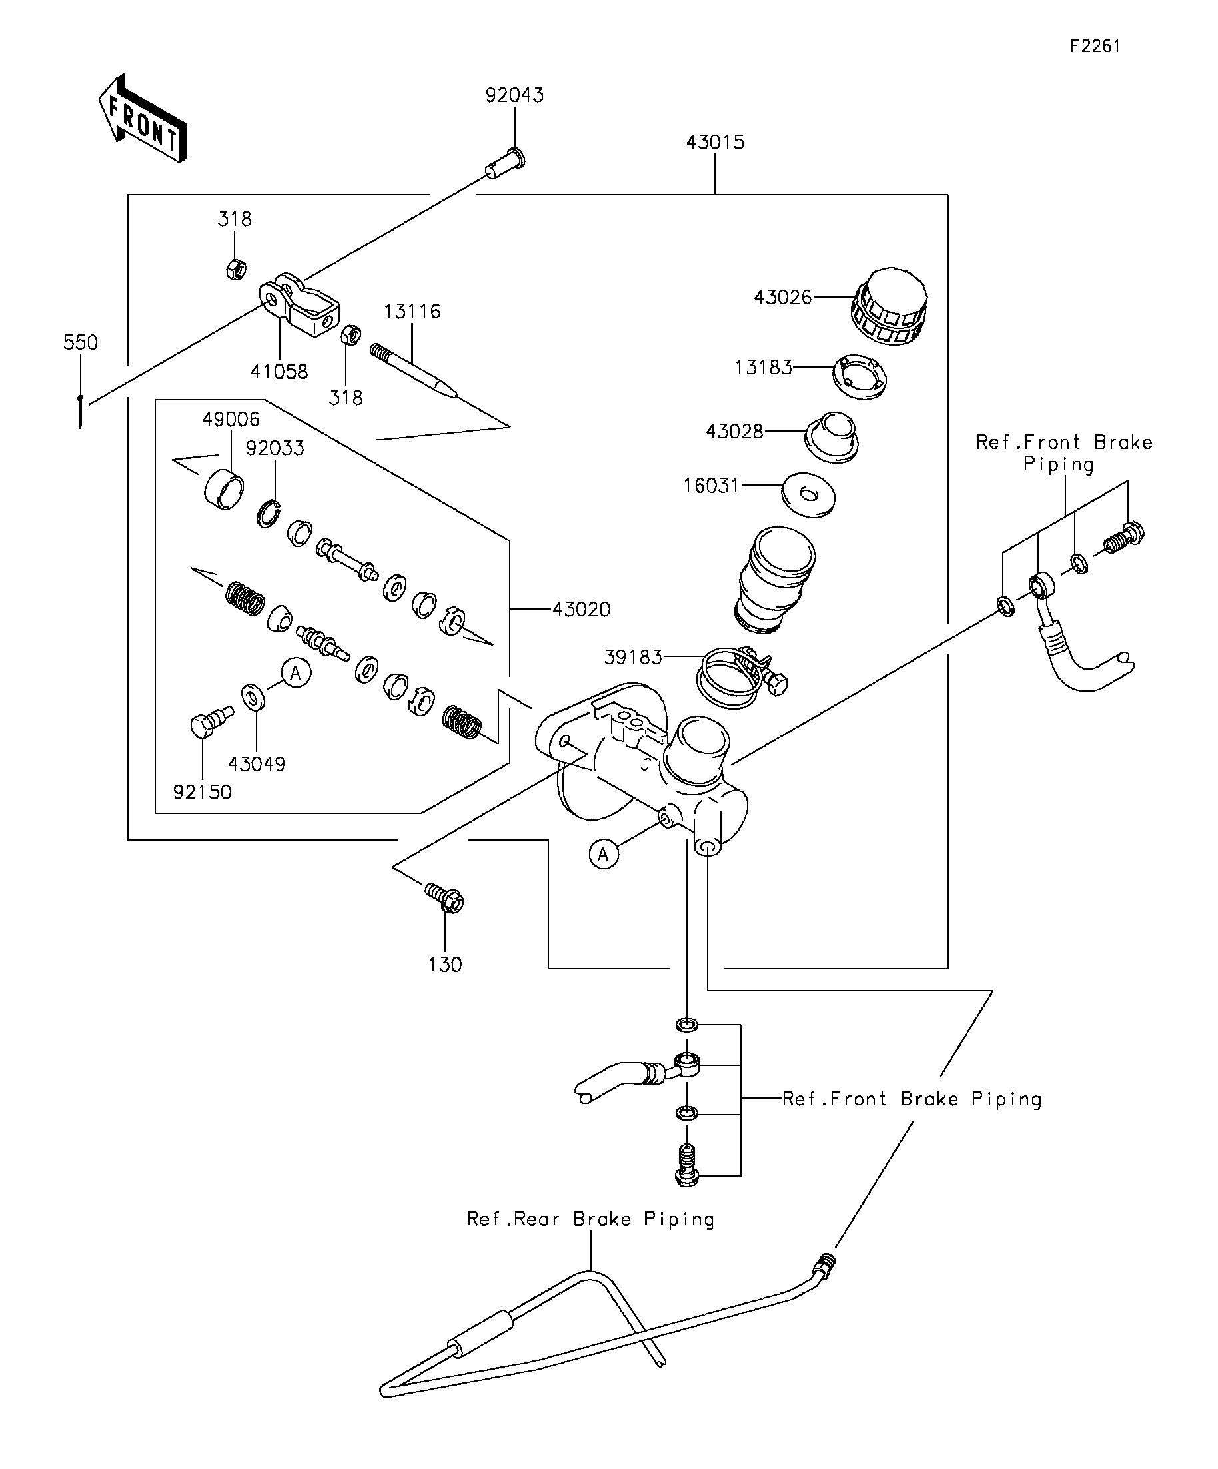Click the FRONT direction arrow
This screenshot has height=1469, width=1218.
[143, 119]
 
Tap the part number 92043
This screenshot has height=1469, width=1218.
[515, 95]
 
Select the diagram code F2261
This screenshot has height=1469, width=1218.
[1095, 46]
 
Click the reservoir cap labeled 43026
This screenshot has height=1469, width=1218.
[890, 306]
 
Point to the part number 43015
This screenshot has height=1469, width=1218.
[715, 142]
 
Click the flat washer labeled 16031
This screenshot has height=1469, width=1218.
[808, 495]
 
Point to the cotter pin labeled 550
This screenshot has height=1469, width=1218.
[81, 411]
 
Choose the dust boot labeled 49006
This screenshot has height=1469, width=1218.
[225, 488]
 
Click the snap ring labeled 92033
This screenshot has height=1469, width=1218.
[268, 514]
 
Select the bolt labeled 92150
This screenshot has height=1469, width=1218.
[211, 722]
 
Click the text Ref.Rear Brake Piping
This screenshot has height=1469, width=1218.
[590, 1220]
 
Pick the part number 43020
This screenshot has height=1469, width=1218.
[582, 610]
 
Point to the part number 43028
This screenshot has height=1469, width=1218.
[734, 432]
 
